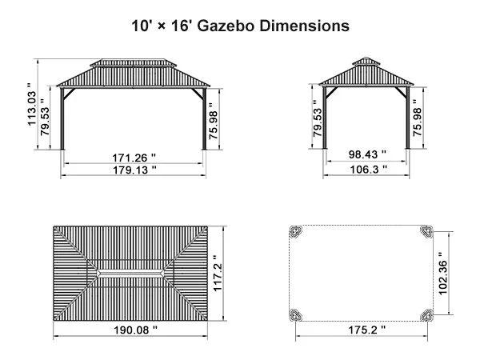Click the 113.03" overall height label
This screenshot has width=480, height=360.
click(x=31, y=104)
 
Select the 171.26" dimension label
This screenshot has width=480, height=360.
click(x=134, y=158)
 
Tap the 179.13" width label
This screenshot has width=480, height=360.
click(x=134, y=170)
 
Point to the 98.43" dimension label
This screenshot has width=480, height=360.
click(x=367, y=154)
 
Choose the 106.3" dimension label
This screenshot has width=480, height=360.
click(x=368, y=169)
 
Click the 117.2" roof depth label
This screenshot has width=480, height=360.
click(x=217, y=274)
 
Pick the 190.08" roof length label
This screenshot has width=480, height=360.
click(x=136, y=330)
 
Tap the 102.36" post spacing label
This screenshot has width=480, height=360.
click(x=442, y=274)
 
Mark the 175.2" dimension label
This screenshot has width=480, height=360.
click(x=367, y=330)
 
